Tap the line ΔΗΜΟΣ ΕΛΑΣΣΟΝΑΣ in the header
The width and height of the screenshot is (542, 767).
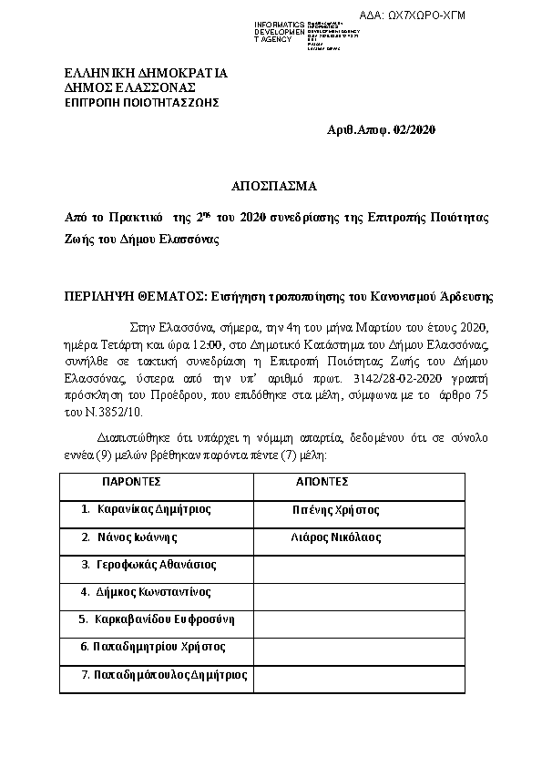point(130,87)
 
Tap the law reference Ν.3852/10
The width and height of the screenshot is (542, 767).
point(105,411)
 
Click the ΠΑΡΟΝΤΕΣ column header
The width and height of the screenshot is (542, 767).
point(131,481)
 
